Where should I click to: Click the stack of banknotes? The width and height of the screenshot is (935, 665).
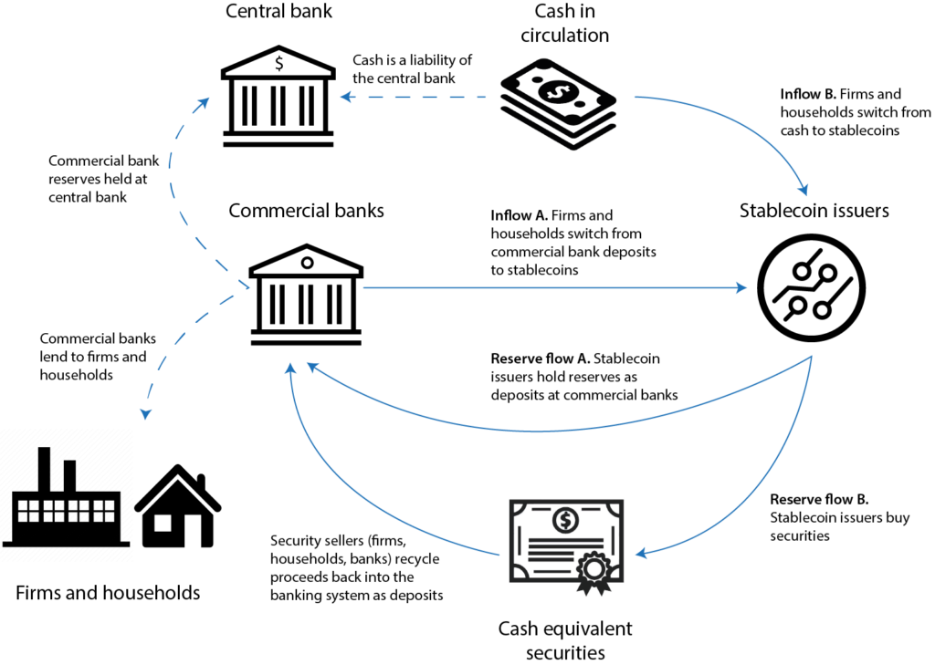tap(559, 104)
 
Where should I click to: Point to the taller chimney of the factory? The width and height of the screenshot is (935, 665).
tap(44, 468)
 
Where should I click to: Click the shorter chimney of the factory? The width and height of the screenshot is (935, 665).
tap(69, 474)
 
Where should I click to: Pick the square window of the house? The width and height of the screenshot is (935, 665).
tap(162, 523)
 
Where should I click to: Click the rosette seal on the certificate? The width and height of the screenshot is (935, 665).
tap(594, 569)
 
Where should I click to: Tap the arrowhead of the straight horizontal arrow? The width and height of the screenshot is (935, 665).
tap(741, 287)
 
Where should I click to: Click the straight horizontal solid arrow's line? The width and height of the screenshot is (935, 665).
tap(548, 287)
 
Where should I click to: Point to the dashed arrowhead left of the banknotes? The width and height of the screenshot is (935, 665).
tap(346, 96)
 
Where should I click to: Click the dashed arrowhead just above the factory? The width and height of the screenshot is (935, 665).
tap(145, 414)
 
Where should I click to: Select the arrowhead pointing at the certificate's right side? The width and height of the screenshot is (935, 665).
tap(641, 554)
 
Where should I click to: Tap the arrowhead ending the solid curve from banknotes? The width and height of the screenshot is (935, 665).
tap(804, 190)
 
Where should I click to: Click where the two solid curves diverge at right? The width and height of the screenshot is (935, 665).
tap(812, 357)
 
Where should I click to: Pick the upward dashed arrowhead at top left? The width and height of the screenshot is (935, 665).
tap(204, 100)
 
